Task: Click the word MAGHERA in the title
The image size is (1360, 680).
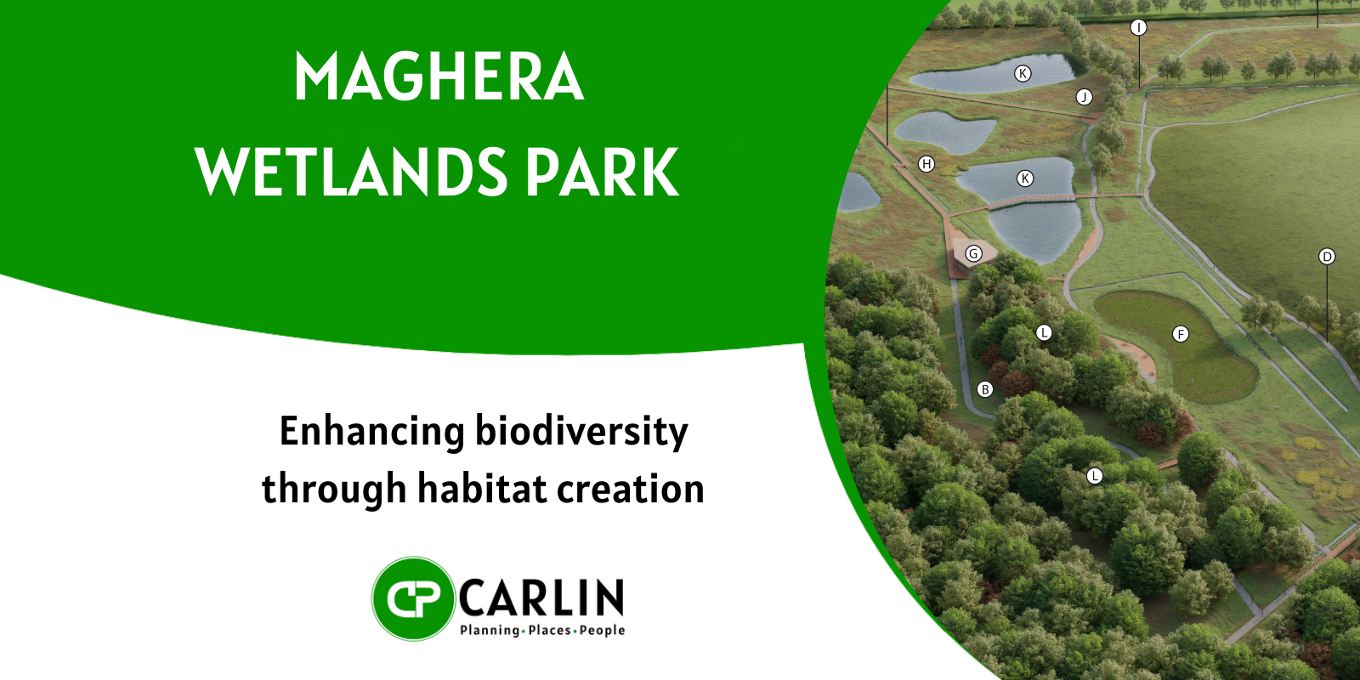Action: tap(439, 77)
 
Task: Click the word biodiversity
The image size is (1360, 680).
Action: tap(581, 432)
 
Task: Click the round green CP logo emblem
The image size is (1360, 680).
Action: tap(413, 598)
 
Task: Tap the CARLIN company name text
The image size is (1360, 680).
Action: tap(541, 598)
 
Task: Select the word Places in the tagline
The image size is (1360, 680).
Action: tap(549, 630)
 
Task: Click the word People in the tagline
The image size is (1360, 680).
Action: tap(603, 630)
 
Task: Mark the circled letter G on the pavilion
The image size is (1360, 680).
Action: tap(973, 253)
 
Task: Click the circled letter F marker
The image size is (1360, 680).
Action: tap(1181, 334)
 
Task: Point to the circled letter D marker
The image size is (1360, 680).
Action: tap(1327, 257)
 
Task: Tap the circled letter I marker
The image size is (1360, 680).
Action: tap(1138, 27)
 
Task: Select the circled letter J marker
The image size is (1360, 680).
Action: tap(1084, 97)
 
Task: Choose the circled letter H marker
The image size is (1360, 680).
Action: tap(926, 164)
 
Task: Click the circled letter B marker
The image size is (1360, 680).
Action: tap(985, 389)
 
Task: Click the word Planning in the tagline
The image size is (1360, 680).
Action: tap(490, 630)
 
